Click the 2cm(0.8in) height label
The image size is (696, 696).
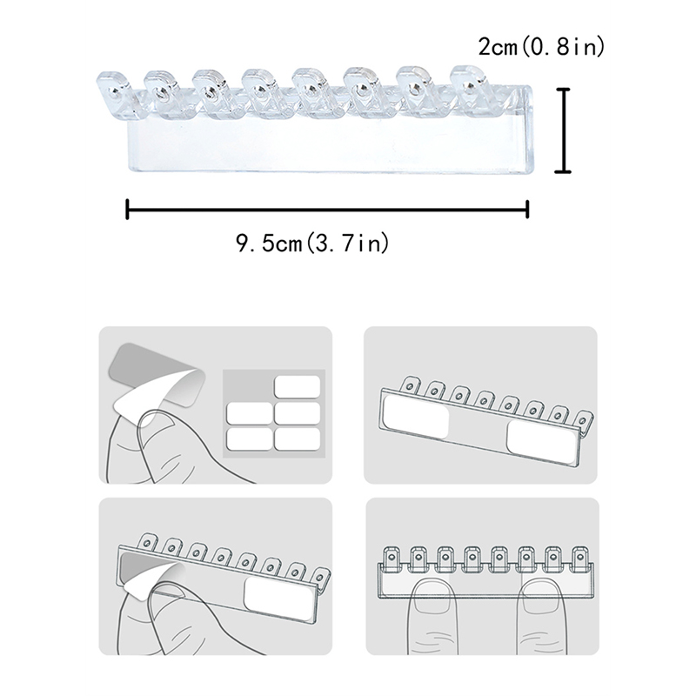tap(541, 47)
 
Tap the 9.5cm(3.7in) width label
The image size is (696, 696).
tap(312, 244)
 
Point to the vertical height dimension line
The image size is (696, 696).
tap(563, 130)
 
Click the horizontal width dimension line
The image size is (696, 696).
tap(327, 209)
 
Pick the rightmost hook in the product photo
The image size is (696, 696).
tap(470, 87)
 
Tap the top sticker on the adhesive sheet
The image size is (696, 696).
tap(297, 387)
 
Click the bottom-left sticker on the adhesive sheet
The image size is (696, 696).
tap(249, 439)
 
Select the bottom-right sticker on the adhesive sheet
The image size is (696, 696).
tap(297, 439)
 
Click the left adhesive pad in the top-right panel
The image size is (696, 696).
tap(416, 416)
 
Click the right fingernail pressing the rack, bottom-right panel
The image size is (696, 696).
tap(542, 597)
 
